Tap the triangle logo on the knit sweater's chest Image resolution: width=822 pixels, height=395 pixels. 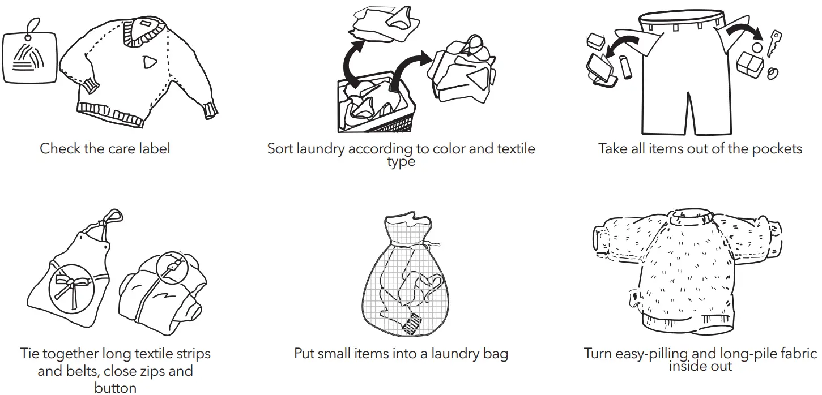[149, 61]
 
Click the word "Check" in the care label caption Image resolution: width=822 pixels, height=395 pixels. [61, 149]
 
